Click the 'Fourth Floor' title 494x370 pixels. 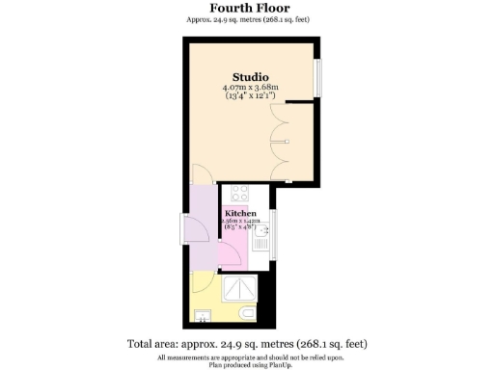click(246, 8)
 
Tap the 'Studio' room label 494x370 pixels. click(250, 77)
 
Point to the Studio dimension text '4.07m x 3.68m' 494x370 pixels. click(250, 89)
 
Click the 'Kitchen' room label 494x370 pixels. click(241, 213)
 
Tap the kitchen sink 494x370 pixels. click(261, 230)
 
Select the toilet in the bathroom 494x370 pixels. click(248, 315)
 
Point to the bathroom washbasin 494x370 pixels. click(204, 315)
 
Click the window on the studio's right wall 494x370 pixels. click(318, 77)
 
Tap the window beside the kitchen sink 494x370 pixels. click(273, 229)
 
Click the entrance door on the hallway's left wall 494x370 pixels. click(184, 230)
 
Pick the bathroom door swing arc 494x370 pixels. click(204, 282)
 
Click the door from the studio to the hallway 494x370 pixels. click(203, 175)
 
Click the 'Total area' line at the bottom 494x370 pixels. click(246, 344)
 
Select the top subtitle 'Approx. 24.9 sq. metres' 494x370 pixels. click(246, 19)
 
